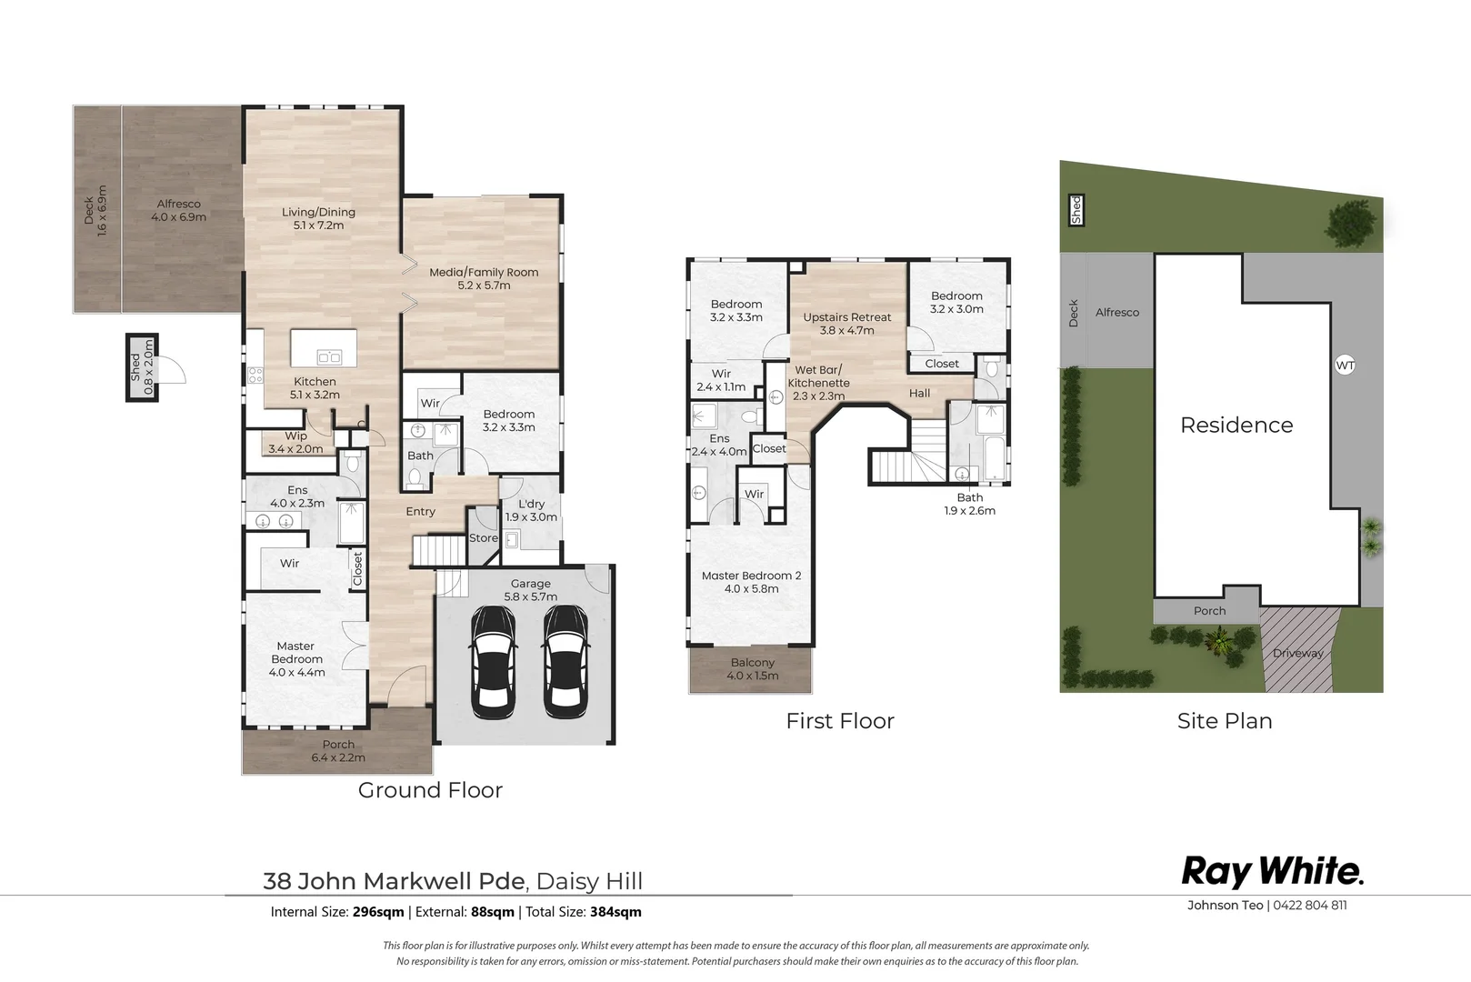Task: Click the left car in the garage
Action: tap(493, 663)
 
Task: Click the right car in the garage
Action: tap(565, 663)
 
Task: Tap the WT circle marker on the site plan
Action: tap(1345, 366)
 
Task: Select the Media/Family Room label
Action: tap(484, 278)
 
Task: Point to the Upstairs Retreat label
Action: tap(847, 324)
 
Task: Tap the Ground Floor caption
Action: tap(430, 790)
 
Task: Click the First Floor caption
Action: tap(840, 721)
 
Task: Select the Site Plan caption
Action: tap(1225, 721)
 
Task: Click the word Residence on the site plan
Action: tap(1236, 425)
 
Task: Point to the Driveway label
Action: tap(1297, 653)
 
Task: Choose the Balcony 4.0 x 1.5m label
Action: tap(753, 669)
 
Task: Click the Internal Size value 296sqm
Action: tap(378, 912)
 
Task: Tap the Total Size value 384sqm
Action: tap(616, 912)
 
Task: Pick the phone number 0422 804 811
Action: tap(1310, 905)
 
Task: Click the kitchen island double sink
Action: tap(328, 357)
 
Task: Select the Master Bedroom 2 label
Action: tap(751, 582)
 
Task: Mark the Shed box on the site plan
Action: tap(1076, 210)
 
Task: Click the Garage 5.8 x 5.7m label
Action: tap(531, 590)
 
